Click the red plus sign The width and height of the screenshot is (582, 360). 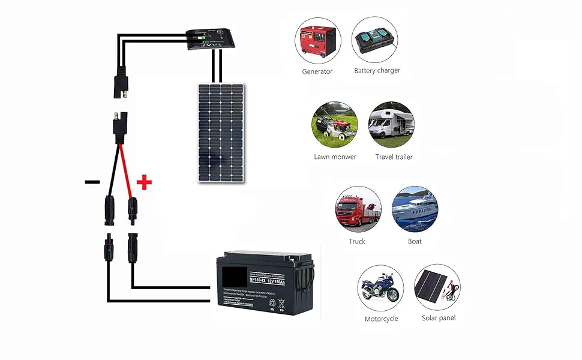click(x=144, y=182)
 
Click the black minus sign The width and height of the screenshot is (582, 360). click(x=92, y=182)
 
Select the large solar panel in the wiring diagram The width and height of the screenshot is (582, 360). click(x=221, y=132)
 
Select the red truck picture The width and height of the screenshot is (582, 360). click(x=358, y=209)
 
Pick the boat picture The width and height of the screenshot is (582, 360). click(x=415, y=209)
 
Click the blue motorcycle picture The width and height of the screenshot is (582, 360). click(x=380, y=287)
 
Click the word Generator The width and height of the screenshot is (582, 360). click(x=317, y=71)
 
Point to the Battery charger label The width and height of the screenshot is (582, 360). click(x=377, y=71)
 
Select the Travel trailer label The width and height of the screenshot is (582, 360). click(x=394, y=157)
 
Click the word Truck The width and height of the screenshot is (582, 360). click(x=357, y=242)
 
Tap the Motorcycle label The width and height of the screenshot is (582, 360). click(x=381, y=319)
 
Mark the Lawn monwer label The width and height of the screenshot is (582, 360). click(x=335, y=157)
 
